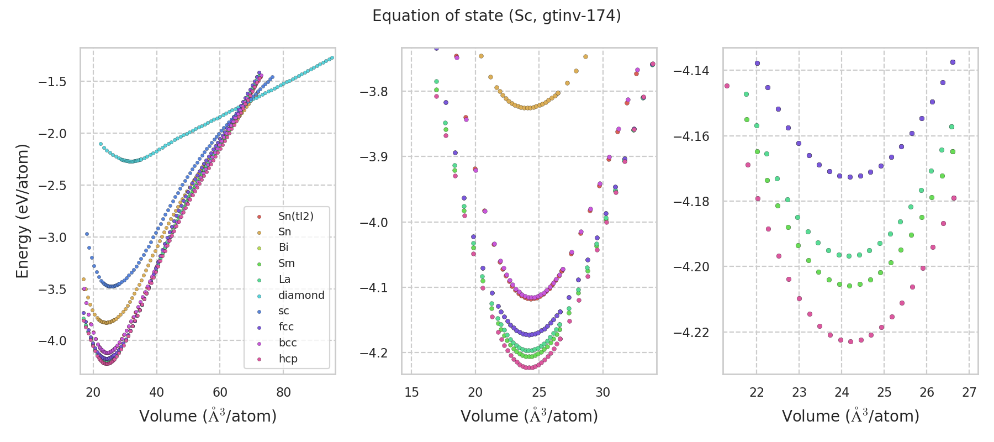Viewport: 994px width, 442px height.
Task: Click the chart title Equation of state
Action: [x=496, y=16]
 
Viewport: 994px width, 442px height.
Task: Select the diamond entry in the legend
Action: [x=301, y=295]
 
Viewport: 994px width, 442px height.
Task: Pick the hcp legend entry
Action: [x=288, y=359]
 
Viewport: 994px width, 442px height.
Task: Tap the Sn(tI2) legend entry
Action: [x=295, y=216]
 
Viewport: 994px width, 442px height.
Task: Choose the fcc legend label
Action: [x=285, y=327]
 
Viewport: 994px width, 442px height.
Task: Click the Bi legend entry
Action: [x=283, y=248]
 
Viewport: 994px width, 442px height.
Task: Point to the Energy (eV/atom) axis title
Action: [x=22, y=211]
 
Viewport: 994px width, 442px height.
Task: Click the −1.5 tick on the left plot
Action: [x=52, y=82]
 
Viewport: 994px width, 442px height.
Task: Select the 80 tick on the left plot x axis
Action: [x=283, y=392]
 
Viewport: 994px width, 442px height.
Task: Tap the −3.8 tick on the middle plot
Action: [x=374, y=91]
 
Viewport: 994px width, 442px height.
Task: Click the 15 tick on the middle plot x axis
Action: [x=411, y=392]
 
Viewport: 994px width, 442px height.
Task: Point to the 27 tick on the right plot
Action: [x=969, y=392]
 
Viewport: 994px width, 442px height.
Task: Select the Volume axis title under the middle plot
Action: [x=529, y=416]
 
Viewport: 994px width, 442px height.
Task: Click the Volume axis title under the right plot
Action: [x=850, y=416]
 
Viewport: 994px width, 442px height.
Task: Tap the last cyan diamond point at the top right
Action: [x=332, y=57]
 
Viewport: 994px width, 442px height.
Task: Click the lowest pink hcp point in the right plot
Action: [x=850, y=341]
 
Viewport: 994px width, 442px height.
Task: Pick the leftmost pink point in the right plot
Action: [x=727, y=86]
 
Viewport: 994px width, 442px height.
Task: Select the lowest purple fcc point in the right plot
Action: [x=850, y=177]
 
